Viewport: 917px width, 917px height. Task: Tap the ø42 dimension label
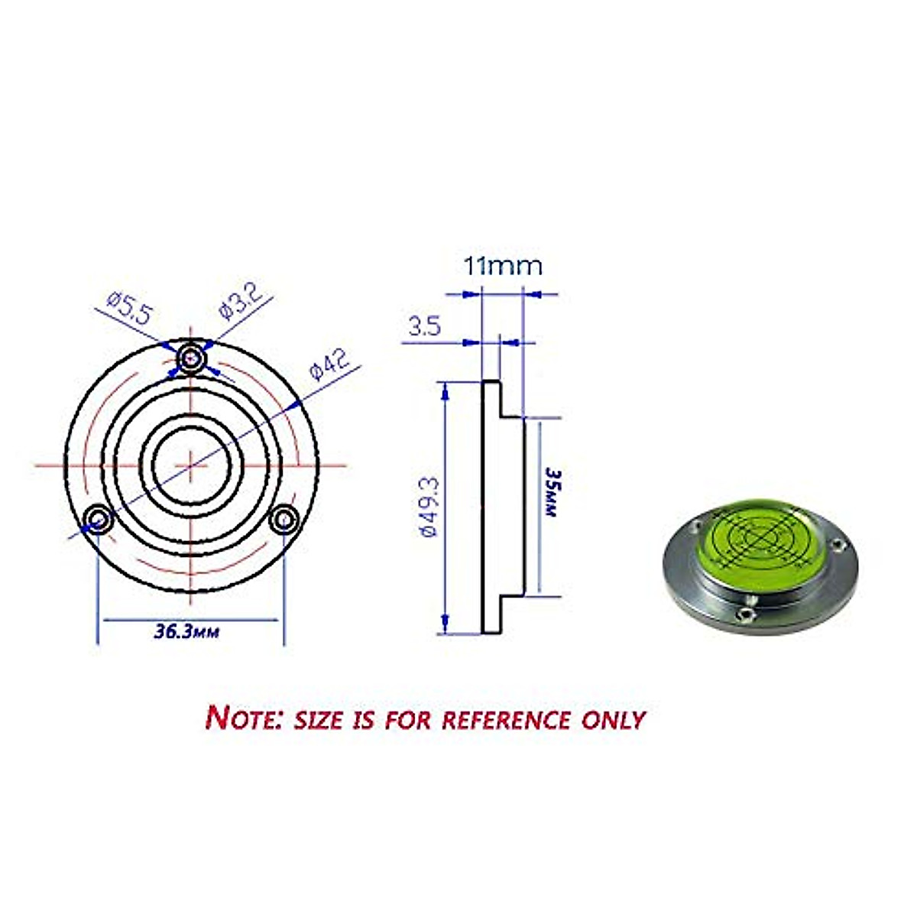329,364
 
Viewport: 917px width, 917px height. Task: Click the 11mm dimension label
503,267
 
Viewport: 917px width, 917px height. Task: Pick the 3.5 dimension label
425,327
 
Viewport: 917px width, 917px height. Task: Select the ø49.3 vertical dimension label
429,508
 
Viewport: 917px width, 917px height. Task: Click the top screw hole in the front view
190,357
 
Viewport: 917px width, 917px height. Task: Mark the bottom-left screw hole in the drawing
98,519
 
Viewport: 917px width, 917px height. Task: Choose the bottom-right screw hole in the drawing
285,519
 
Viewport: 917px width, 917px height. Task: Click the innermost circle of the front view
190,464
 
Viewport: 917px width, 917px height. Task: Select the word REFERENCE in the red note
507,719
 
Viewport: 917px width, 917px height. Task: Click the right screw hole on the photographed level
838,547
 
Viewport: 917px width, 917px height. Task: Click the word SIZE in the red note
318,719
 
